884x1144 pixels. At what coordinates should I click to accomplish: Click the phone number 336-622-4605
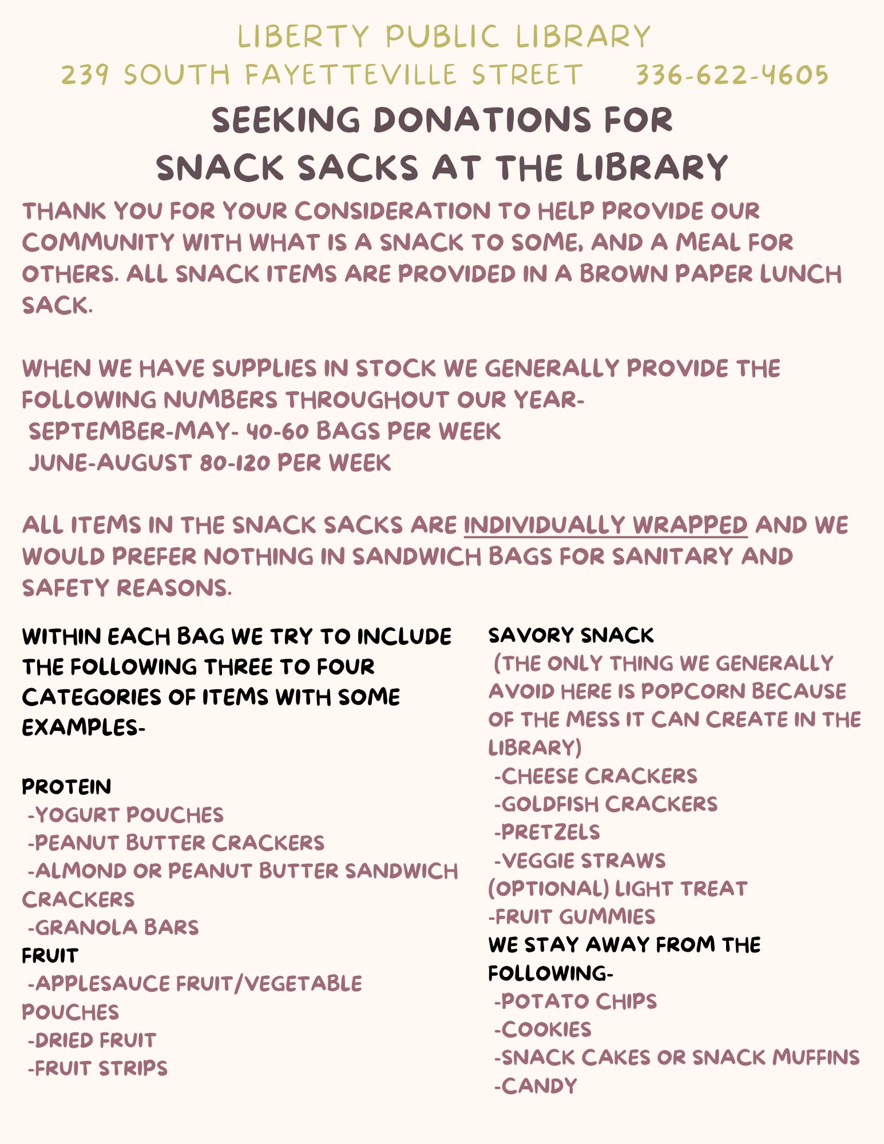(732, 75)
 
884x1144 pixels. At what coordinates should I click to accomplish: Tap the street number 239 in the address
(85, 75)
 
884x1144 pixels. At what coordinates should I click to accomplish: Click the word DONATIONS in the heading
(482, 120)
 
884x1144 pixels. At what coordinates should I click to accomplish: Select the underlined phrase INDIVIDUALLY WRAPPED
(605, 525)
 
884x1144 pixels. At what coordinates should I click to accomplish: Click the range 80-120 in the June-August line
(235, 463)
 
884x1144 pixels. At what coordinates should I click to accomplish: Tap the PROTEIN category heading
(66, 787)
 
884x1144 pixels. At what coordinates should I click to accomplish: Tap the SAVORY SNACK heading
(570, 635)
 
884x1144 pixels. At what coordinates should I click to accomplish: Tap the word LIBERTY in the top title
(303, 37)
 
